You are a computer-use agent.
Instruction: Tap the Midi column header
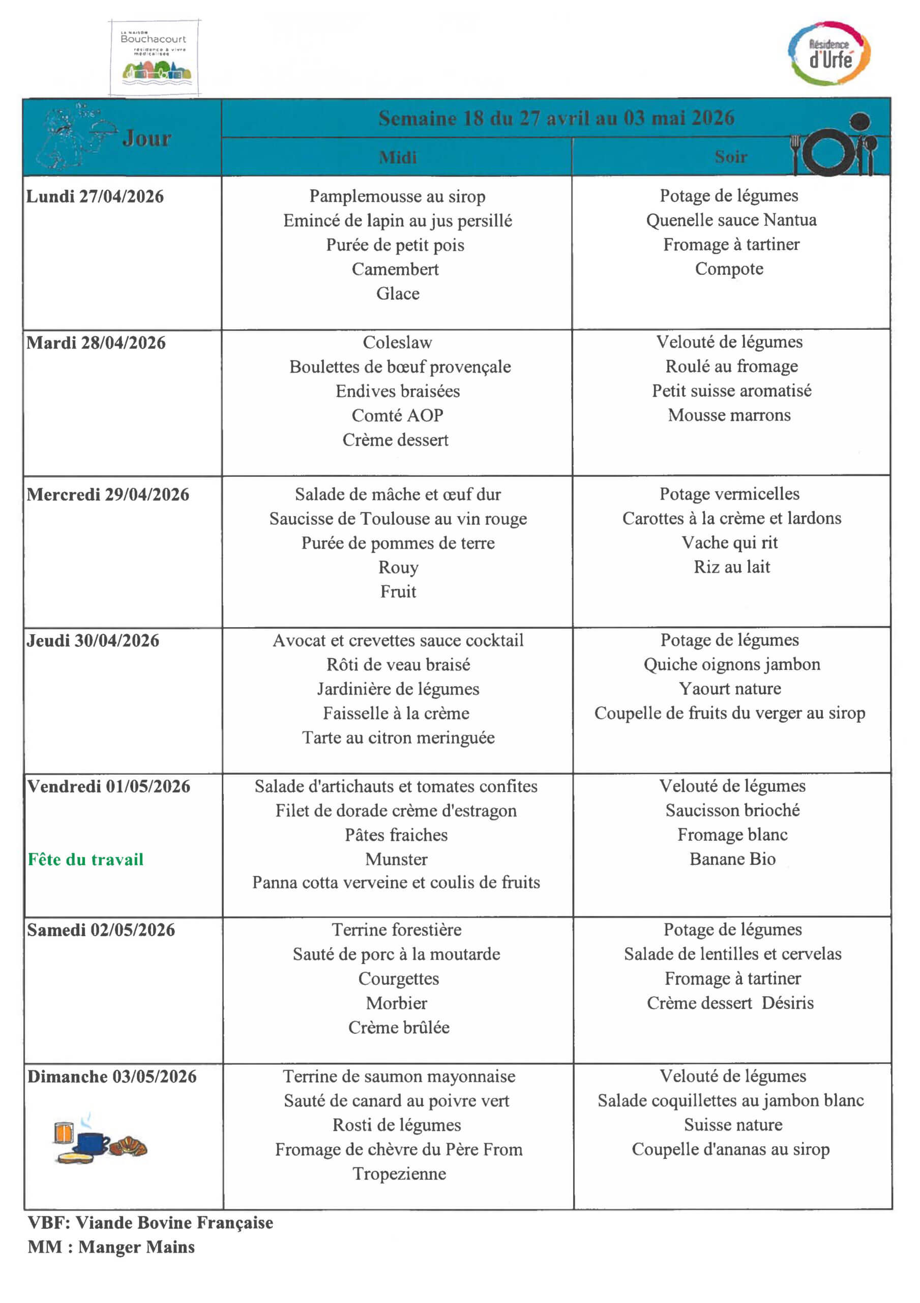(x=398, y=157)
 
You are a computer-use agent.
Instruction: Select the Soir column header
(x=730, y=157)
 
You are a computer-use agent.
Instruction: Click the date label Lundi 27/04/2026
(x=95, y=197)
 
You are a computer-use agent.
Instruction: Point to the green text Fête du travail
(x=85, y=859)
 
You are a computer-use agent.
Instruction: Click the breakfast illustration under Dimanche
(x=100, y=1139)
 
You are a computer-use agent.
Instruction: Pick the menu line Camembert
(x=395, y=269)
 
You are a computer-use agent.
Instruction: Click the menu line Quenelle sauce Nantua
(x=731, y=220)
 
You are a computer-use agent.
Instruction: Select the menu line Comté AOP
(x=397, y=415)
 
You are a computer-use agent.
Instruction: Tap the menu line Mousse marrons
(x=729, y=415)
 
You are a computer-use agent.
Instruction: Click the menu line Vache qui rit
(x=729, y=543)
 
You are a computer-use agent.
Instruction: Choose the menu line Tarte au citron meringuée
(x=398, y=737)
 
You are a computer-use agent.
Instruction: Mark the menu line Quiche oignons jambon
(x=732, y=664)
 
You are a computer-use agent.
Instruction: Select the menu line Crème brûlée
(x=399, y=1027)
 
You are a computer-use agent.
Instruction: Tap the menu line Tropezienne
(x=399, y=1173)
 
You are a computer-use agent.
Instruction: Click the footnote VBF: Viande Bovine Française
(x=151, y=1223)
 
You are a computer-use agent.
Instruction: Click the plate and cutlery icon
(x=834, y=148)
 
